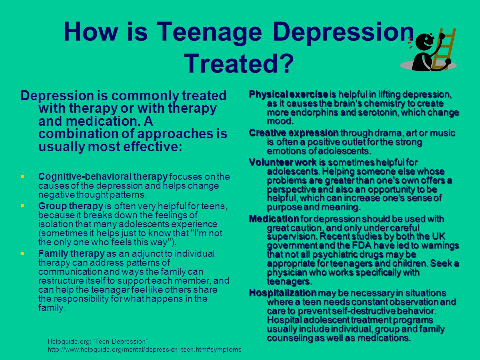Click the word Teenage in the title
(x=209, y=33)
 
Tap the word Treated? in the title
(x=239, y=63)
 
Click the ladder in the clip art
(x=444, y=49)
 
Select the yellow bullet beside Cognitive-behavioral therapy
(x=22, y=176)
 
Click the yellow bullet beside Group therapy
(x=22, y=206)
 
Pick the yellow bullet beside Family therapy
(x=22, y=253)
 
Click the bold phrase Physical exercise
(x=288, y=94)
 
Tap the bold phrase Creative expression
(x=294, y=133)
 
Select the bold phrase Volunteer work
(x=283, y=162)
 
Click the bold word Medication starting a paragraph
(x=274, y=219)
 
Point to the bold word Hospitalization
(x=283, y=293)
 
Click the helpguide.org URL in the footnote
(x=145, y=349)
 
